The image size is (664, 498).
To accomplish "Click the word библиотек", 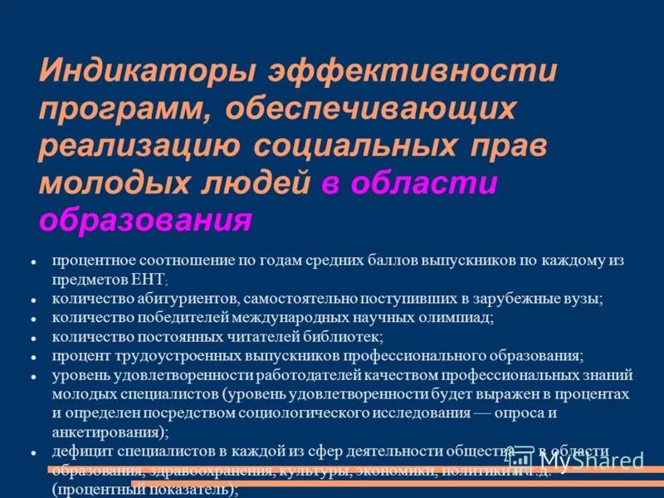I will [343, 336].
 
